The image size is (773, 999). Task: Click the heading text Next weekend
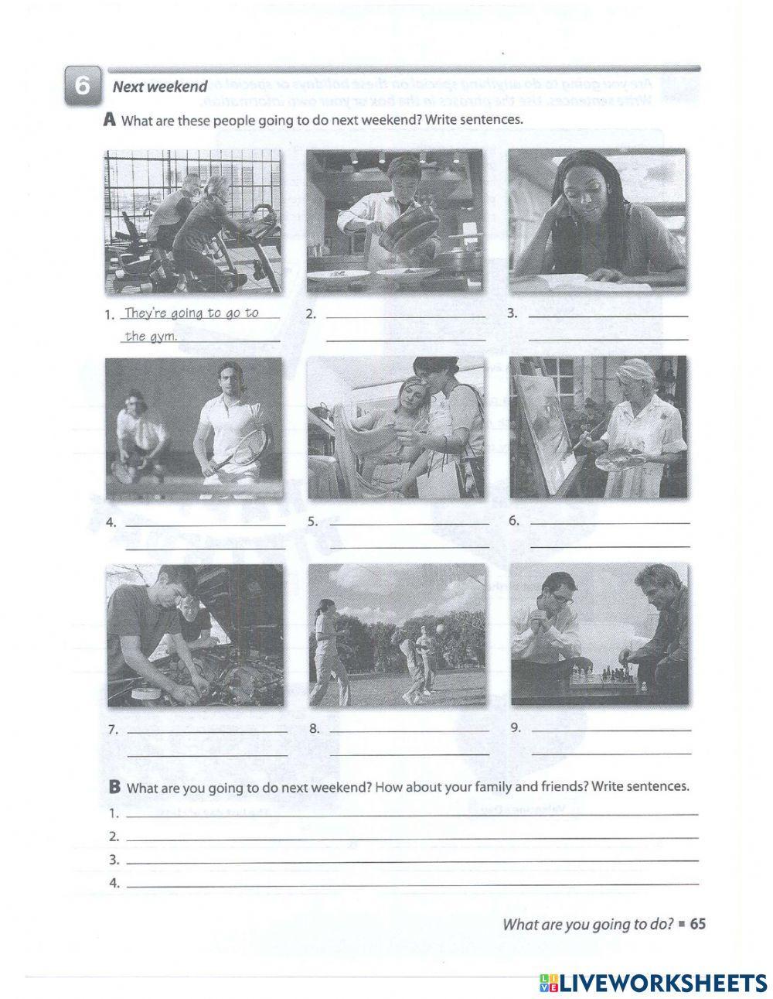[x=159, y=87]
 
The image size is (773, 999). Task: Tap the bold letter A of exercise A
[x=109, y=120]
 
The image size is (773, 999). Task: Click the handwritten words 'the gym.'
[x=152, y=336]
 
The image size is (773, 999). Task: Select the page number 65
[x=698, y=923]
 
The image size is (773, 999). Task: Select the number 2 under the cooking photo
[x=311, y=314]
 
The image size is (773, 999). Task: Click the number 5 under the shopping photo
[x=312, y=522]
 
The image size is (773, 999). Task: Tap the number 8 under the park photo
[x=314, y=728]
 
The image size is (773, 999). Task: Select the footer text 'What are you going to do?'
[x=587, y=923]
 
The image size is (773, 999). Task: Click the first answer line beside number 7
[x=206, y=730]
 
